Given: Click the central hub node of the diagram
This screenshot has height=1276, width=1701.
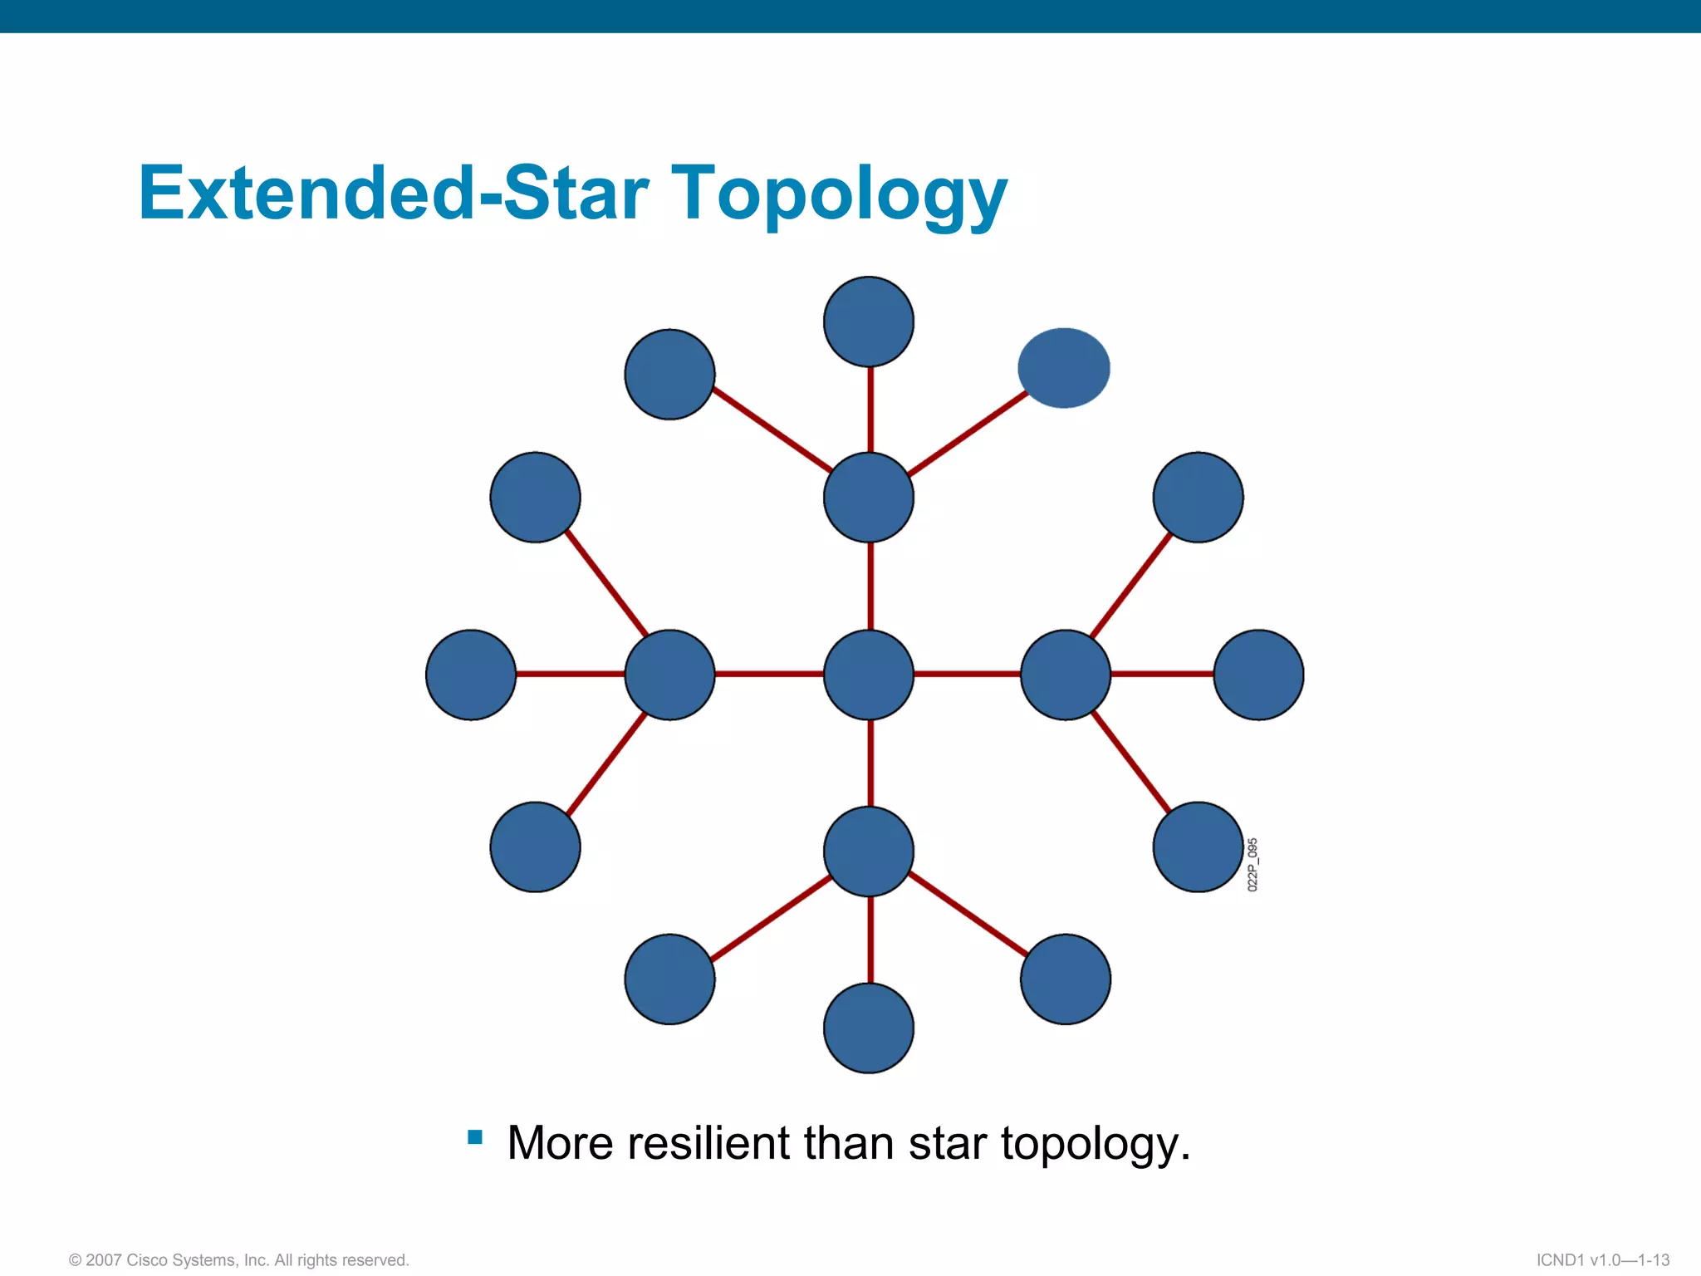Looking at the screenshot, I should (x=869, y=675).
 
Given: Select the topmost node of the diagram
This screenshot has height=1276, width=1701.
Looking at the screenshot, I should (x=869, y=321).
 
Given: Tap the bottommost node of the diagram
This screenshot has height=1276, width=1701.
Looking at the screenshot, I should (x=869, y=1028).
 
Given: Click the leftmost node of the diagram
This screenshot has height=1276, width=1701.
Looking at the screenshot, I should (x=471, y=675).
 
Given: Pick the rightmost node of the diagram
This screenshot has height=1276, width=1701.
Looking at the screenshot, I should (x=1258, y=675).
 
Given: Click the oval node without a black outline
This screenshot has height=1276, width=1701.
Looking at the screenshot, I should (x=1064, y=368).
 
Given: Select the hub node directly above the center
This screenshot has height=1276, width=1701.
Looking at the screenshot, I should (x=869, y=498).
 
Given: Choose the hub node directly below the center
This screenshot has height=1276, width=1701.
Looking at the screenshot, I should (x=869, y=851).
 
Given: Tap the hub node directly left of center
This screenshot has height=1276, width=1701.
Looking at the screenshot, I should (x=669, y=675).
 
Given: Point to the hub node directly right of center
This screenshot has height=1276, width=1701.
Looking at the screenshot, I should (x=1066, y=675).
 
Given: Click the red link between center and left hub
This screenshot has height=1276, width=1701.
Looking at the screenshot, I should (x=769, y=674).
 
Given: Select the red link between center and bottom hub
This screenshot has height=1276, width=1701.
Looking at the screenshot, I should (x=870, y=763).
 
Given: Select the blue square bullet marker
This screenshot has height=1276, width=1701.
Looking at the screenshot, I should (x=475, y=1137).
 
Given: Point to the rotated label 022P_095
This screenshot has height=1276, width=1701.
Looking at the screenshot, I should (x=1252, y=865).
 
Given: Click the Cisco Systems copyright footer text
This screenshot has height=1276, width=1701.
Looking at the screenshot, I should (x=239, y=1260).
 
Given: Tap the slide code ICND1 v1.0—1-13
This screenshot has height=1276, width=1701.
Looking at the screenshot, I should (x=1603, y=1260).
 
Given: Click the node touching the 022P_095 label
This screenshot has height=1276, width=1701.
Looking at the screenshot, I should (x=1198, y=847).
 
